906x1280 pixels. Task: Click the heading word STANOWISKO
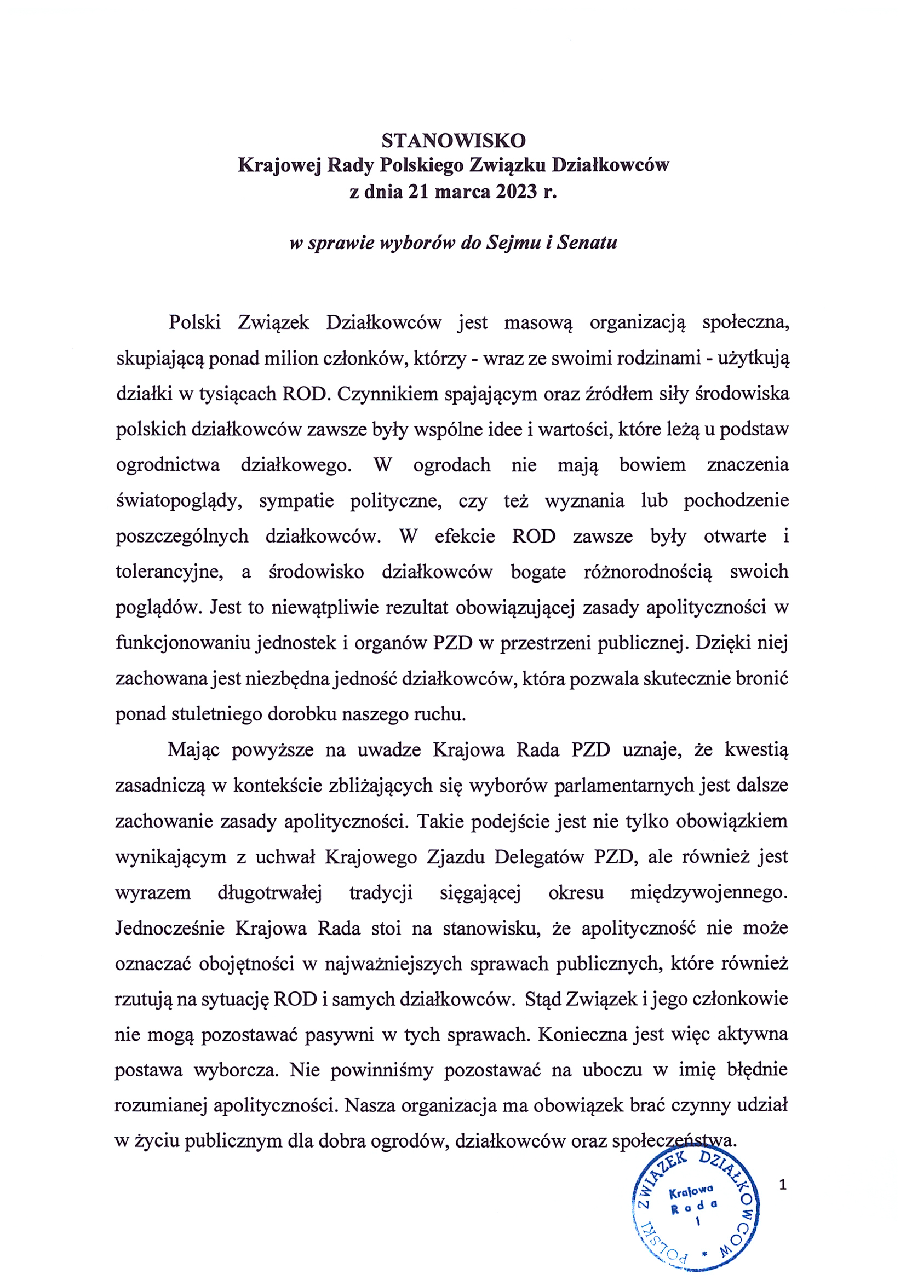453,141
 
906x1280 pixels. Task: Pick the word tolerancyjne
169,572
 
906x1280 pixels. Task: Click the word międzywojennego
708,892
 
